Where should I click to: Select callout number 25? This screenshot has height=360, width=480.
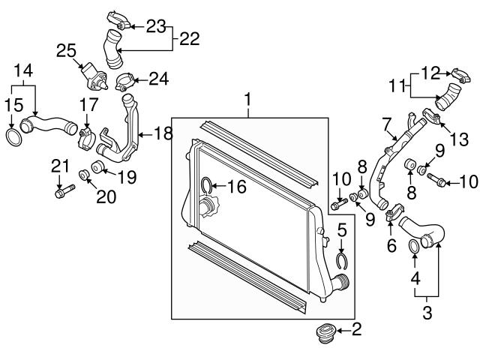(67, 51)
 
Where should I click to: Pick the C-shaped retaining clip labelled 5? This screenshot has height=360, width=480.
(342, 259)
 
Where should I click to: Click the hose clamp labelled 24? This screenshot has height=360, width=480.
(125, 76)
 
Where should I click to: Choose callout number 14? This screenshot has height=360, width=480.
(23, 69)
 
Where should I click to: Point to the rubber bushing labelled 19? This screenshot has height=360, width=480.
(97, 166)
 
